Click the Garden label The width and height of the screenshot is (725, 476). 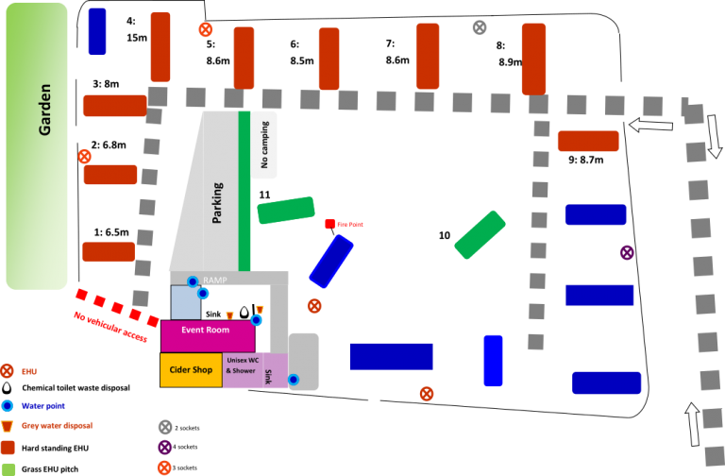45,110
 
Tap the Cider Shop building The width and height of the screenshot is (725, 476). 191,370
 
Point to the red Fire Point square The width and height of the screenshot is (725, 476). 330,224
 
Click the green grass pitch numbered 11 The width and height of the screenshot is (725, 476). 286,210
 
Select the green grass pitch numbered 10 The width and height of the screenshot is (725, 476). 480,235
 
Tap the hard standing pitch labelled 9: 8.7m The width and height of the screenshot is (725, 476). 588,141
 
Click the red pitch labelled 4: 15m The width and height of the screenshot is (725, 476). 160,47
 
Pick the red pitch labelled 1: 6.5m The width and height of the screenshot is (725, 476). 109,251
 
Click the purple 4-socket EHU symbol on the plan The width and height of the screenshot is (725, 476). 627,252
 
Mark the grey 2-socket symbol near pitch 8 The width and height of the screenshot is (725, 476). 480,27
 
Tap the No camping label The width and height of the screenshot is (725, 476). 264,144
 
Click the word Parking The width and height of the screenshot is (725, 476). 217,203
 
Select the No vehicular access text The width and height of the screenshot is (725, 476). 110,327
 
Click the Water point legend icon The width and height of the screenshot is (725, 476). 7,406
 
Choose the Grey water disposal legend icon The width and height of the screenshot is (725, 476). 7,426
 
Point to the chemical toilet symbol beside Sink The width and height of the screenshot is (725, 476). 244,313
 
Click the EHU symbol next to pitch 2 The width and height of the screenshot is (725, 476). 84,157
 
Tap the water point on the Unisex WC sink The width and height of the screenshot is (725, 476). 294,380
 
